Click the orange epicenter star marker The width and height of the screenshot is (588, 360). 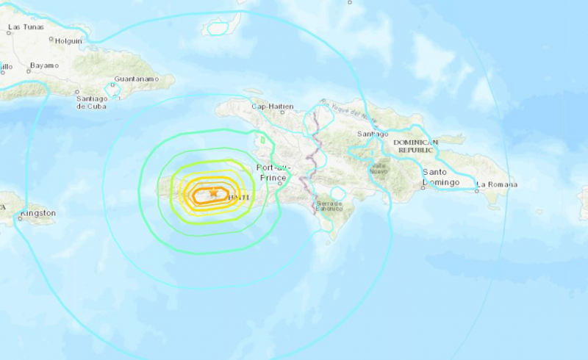tap(214, 193)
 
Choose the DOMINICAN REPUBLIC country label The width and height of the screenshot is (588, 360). tap(415, 145)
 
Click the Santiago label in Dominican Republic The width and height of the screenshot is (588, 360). tap(372, 134)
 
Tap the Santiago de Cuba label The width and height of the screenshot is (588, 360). tap(91, 99)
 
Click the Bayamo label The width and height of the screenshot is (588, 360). tap(43, 65)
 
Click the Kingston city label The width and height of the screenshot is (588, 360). tap(37, 213)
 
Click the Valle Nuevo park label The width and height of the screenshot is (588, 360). tap(380, 169)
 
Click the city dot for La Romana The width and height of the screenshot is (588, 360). tap(476, 190)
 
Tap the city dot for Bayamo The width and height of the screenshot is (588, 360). tap(28, 71)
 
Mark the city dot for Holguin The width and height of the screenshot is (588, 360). tap(51, 39)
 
